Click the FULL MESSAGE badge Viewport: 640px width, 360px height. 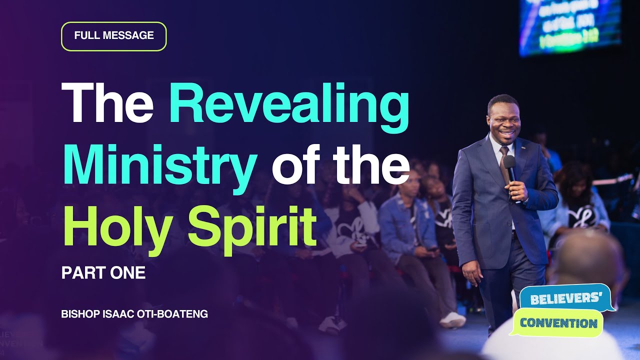[x=113, y=36]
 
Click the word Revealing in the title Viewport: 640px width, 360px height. [x=289, y=106]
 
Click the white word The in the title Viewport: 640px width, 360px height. [x=107, y=104]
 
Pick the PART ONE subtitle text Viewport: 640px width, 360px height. [x=103, y=273]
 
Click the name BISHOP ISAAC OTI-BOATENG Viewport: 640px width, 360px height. [x=134, y=314]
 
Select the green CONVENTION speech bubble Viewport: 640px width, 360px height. [x=558, y=322]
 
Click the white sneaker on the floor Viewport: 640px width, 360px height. [x=452, y=319]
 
